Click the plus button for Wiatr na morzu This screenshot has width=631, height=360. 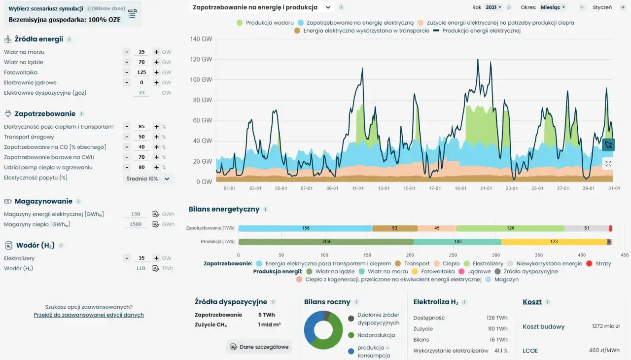156,52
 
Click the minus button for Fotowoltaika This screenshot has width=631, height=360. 127,72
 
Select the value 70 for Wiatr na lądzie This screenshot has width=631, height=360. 141,62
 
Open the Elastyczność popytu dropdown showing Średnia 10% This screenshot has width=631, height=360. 148,179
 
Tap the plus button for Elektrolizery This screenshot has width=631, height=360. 156,258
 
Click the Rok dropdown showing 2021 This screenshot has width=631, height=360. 493,7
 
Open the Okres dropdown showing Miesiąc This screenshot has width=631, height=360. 553,7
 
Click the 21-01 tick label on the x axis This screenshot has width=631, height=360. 486,188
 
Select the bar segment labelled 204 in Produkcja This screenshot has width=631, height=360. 326,242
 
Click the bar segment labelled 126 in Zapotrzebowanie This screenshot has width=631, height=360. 510,228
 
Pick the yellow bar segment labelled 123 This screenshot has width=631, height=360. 554,242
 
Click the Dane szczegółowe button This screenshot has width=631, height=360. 259,347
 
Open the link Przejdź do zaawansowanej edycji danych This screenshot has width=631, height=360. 89,315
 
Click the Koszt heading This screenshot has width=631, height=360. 532,302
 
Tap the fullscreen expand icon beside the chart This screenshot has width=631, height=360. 608,164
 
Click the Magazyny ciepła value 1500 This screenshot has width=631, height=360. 136,224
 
